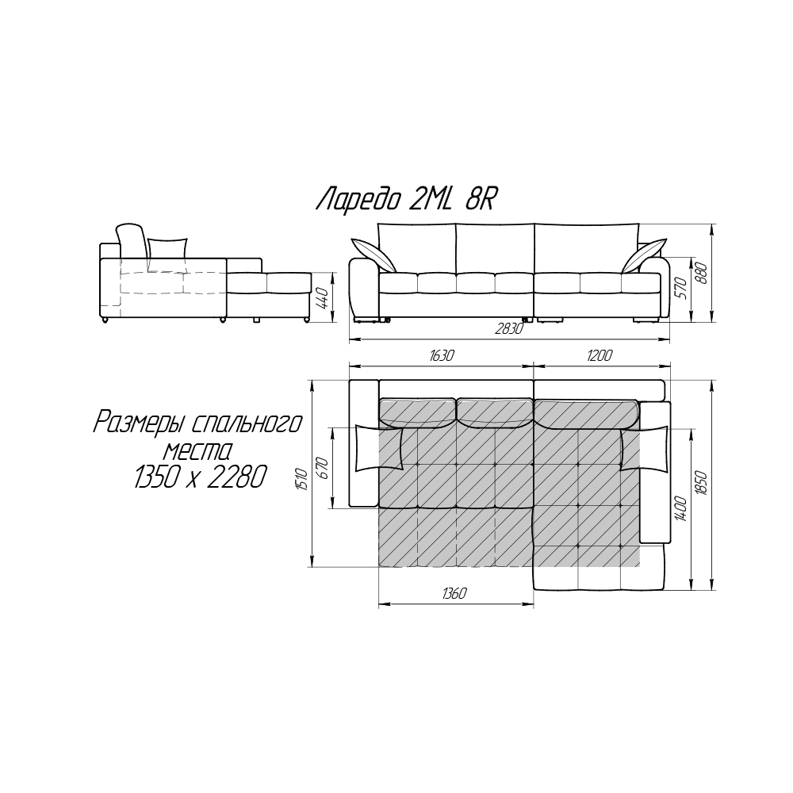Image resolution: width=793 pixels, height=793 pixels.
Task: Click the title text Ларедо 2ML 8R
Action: [x=404, y=201]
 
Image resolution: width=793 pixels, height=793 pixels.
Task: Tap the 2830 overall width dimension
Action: [x=508, y=329]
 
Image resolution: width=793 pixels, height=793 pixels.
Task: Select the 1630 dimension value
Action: [x=442, y=355]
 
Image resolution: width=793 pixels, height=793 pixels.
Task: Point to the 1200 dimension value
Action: [x=600, y=355]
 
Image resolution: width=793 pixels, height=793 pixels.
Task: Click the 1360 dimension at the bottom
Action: [x=454, y=593]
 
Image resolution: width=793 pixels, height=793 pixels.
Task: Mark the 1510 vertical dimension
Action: [x=302, y=480]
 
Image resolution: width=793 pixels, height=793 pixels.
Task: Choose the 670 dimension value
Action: [x=324, y=469]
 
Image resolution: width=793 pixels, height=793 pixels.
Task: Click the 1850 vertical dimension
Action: [x=702, y=484]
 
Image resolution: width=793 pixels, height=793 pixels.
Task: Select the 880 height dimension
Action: [x=702, y=274]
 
